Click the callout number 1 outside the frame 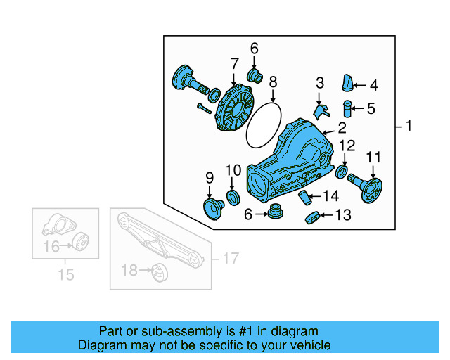point(408,127)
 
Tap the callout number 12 point(347,146)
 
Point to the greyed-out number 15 point(65,274)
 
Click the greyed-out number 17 point(231,259)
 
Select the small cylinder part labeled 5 point(347,109)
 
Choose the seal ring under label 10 point(232,195)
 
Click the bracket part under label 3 point(320,110)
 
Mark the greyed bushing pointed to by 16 point(80,243)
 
